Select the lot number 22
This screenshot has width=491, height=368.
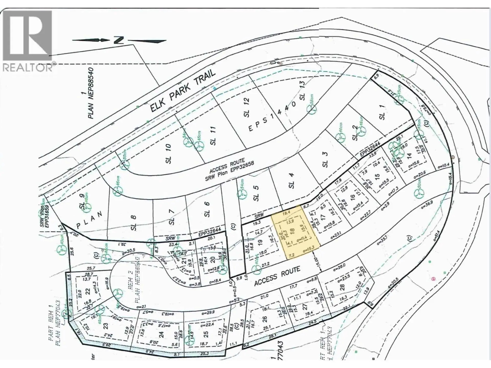(x=87, y=292)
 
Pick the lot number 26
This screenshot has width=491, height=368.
(x=264, y=319)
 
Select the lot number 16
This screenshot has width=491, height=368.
(x=353, y=197)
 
